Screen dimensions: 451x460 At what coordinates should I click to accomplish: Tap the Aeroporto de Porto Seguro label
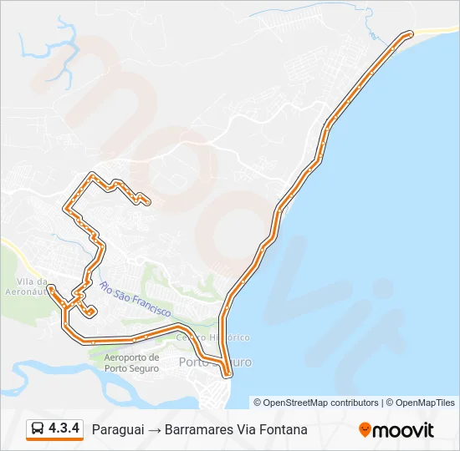pos(131,363)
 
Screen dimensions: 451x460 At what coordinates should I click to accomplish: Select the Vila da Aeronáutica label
pos(33,286)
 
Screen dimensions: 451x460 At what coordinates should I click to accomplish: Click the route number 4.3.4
pos(64,428)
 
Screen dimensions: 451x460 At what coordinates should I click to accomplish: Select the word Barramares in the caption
pos(197,429)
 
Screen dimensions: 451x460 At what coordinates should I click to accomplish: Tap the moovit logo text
pos(403,429)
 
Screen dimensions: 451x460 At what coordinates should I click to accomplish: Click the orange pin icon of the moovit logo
pos(365,429)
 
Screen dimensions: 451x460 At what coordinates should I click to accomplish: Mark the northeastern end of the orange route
pos(409,33)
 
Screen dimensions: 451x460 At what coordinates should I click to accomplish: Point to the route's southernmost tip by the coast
pos(226,374)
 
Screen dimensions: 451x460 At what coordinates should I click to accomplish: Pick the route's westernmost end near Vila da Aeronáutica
pos(51,288)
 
